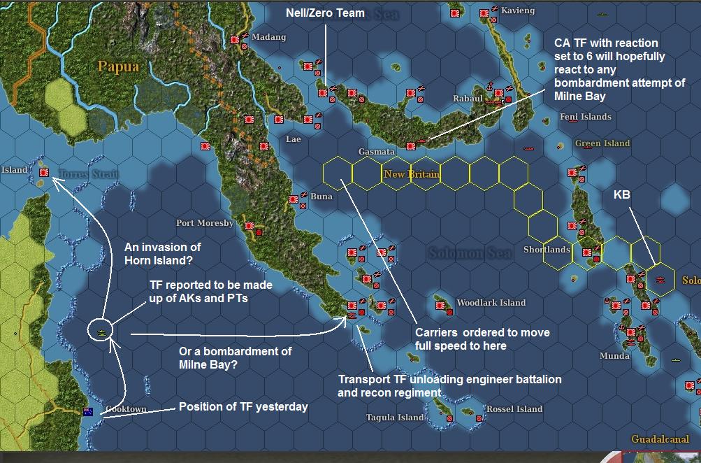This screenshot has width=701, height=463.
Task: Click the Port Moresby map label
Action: (x=205, y=223)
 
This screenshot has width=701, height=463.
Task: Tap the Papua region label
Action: (x=118, y=66)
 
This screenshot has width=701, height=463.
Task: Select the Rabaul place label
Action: (x=468, y=99)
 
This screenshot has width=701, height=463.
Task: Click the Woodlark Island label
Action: (x=491, y=303)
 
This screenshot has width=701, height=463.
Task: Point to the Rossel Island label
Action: (x=514, y=408)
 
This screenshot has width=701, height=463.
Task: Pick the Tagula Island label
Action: (x=395, y=418)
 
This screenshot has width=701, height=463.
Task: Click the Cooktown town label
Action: (x=127, y=409)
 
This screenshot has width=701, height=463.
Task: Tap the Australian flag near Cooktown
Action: (x=88, y=411)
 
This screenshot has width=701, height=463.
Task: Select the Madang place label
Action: (x=269, y=37)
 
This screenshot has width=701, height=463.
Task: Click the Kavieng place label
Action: (x=518, y=10)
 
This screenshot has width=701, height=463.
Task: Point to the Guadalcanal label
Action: (x=660, y=439)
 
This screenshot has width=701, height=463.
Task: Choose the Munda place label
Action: (x=614, y=356)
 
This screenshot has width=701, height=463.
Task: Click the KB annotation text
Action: (x=622, y=195)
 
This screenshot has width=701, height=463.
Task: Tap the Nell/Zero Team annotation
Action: (x=325, y=13)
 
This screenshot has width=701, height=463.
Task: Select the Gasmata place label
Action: (x=377, y=151)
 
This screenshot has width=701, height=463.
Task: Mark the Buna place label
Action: (x=321, y=197)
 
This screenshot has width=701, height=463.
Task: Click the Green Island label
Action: (x=602, y=143)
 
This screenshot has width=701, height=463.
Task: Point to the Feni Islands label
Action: (x=586, y=117)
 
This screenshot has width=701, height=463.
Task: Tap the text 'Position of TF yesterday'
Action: (x=243, y=406)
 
